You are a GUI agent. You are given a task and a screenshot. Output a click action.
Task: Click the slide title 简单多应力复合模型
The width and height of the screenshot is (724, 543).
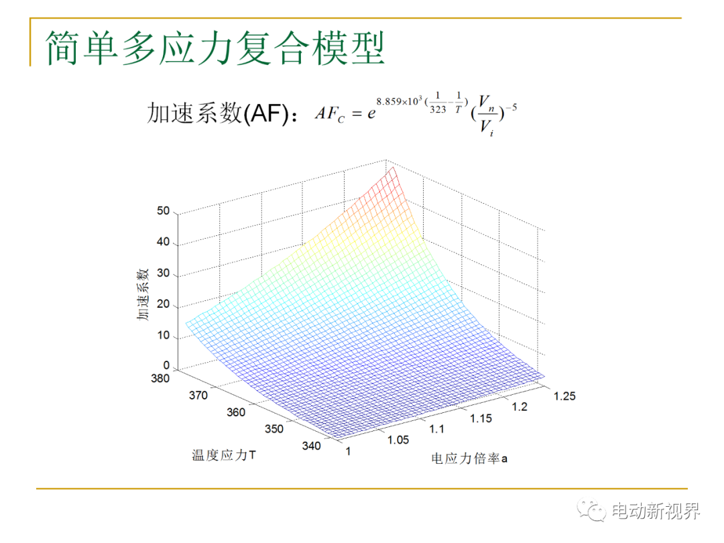(x=215, y=48)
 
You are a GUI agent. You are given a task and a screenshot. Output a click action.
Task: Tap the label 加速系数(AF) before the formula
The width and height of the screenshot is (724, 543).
(x=218, y=113)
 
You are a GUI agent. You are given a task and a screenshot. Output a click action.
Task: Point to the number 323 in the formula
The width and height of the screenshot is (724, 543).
(x=438, y=109)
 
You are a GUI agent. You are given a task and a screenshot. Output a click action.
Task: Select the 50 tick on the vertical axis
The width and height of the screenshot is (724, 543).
(x=163, y=211)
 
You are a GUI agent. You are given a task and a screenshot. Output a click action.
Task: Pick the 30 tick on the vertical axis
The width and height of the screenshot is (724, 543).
(x=163, y=273)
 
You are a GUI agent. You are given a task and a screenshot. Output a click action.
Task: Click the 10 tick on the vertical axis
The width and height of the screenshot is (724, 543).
(x=163, y=335)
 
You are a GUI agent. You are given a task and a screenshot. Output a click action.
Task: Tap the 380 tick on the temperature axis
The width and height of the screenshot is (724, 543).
(x=160, y=379)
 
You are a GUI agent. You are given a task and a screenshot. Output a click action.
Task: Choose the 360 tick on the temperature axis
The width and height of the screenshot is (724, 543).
(x=236, y=412)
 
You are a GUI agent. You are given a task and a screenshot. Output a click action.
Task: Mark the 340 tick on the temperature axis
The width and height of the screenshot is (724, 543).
(x=311, y=446)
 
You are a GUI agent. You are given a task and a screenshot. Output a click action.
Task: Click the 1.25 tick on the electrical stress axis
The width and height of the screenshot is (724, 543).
(x=564, y=396)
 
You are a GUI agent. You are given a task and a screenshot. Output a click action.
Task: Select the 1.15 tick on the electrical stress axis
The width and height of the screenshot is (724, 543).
(x=481, y=419)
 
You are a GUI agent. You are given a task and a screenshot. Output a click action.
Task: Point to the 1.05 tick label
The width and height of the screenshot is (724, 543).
(x=398, y=440)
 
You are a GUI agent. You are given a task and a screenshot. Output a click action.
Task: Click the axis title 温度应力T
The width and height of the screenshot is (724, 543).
(x=224, y=455)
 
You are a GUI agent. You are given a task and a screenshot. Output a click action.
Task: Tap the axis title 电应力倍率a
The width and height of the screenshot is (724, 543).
(x=469, y=459)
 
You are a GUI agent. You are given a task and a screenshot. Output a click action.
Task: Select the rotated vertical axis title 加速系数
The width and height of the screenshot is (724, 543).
(x=143, y=294)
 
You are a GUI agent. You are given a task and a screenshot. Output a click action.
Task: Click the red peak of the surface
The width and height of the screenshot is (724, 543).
(x=392, y=170)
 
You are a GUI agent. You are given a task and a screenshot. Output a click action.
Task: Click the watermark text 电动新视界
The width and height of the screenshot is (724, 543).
(x=656, y=511)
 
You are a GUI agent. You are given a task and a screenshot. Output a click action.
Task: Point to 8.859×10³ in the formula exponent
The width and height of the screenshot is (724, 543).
(x=399, y=101)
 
